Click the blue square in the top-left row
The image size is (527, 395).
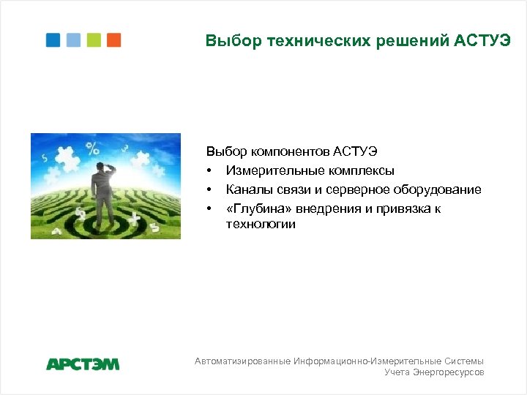point(53,40)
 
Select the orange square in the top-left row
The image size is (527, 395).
point(113,40)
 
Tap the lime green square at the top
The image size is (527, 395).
point(94,40)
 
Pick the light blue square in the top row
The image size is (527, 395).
point(73,40)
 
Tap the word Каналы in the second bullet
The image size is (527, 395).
point(248,189)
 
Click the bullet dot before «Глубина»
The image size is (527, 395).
point(209,209)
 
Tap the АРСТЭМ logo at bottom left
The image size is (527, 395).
point(83,364)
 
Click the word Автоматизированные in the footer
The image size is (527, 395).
point(243,361)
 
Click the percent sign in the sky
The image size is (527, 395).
point(92,149)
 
